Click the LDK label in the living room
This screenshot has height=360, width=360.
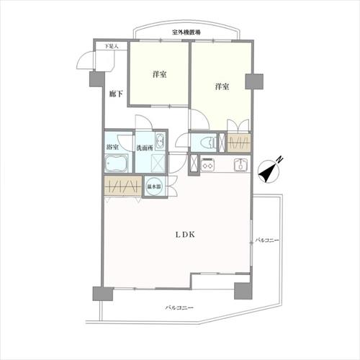coord(183,234)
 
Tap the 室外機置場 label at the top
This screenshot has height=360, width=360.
coord(186,32)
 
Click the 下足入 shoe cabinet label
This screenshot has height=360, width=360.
coord(111,47)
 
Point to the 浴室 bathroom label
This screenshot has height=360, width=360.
coord(113,148)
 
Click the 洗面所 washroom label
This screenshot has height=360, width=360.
coord(144,148)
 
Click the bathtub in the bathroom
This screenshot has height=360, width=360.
coord(115,165)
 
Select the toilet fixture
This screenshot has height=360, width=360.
coord(204,142)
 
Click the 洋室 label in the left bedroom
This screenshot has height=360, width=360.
coord(159,75)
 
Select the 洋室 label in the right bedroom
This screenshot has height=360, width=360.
coord(221,87)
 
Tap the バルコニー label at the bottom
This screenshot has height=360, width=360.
coord(179,307)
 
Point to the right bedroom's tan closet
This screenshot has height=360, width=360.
coord(239,143)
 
